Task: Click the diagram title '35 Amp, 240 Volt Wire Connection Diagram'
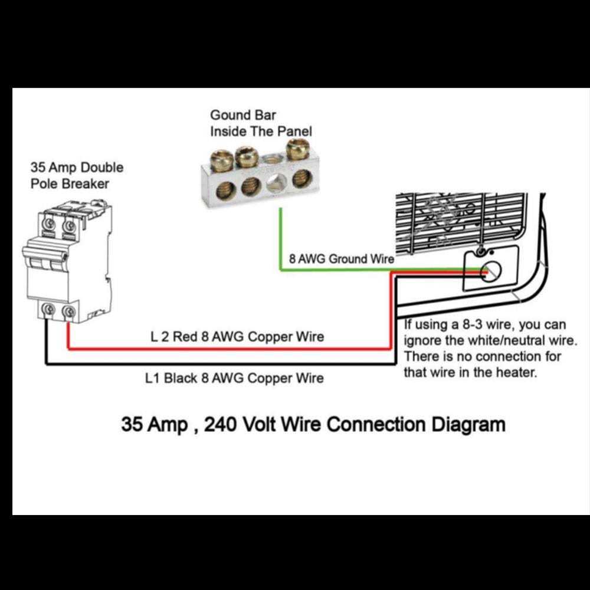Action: pyautogui.click(x=313, y=424)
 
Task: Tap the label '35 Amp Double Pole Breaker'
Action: pyautogui.click(x=77, y=175)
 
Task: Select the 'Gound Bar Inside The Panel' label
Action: pyautogui.click(x=261, y=123)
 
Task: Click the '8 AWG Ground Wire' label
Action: pyautogui.click(x=341, y=258)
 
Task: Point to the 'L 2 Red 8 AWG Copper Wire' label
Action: pyautogui.click(x=237, y=337)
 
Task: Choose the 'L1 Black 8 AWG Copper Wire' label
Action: pyautogui.click(x=234, y=378)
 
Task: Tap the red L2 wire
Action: pyautogui.click(x=236, y=349)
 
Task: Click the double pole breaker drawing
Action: pyautogui.click(x=66, y=260)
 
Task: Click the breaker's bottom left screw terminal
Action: pyautogui.click(x=47, y=310)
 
